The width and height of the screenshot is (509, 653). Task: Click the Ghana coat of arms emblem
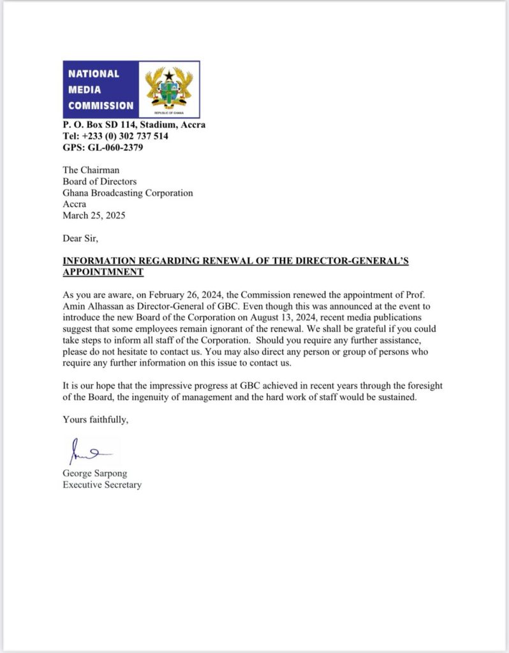(169, 89)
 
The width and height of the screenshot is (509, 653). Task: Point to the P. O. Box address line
(134, 125)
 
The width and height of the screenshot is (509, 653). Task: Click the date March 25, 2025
(94, 216)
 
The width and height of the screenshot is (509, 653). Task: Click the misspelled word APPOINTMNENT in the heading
(103, 272)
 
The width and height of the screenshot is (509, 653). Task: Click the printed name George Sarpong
(94, 473)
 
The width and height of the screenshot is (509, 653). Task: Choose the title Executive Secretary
(102, 485)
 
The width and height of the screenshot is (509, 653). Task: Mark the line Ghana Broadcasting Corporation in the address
(128, 193)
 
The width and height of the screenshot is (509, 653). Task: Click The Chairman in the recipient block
(91, 170)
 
